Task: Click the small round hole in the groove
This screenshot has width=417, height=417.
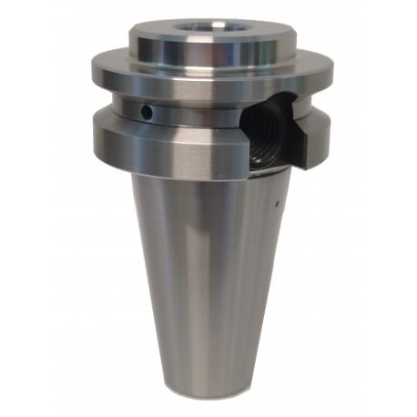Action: (x=146, y=112)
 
